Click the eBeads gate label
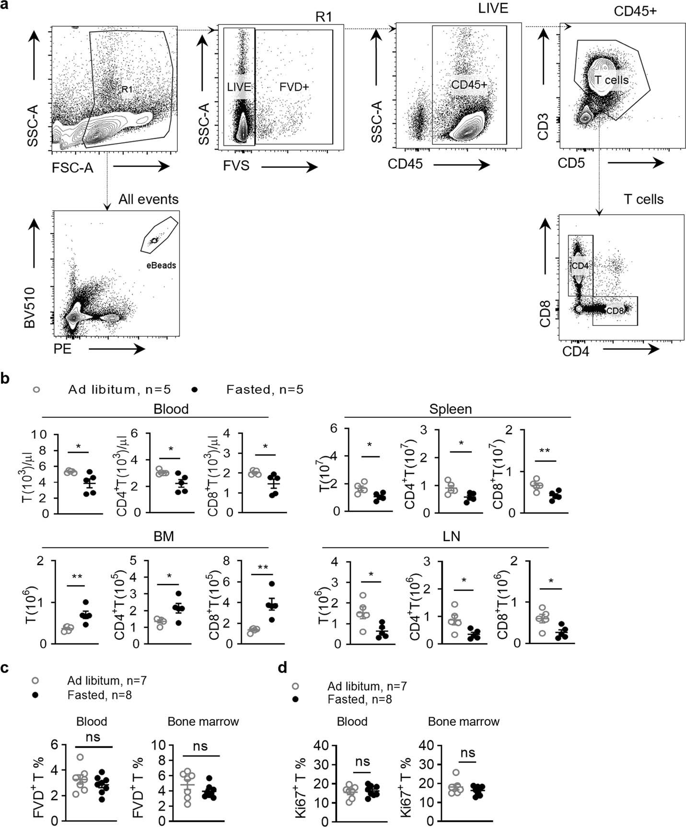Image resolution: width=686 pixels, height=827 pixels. [x=162, y=265]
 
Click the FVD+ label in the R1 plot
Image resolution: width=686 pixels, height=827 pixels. [x=294, y=87]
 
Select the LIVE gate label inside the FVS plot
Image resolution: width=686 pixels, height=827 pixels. [x=239, y=87]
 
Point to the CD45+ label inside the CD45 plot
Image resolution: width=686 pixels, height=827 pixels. [x=469, y=85]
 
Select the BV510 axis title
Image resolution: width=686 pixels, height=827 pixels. [x=30, y=307]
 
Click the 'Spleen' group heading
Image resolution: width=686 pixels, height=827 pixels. [x=450, y=409]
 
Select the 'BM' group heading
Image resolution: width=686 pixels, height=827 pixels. [x=164, y=536]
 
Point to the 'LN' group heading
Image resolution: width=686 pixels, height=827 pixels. [x=451, y=536]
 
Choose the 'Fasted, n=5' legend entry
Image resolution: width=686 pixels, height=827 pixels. [x=265, y=390]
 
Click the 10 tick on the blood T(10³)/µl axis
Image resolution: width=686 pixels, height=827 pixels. [x=41, y=435]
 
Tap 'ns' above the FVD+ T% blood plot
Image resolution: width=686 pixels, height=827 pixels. [x=93, y=737]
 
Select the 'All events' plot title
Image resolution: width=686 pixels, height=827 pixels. [x=148, y=200]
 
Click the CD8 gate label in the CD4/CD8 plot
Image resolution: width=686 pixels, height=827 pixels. [x=615, y=311]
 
